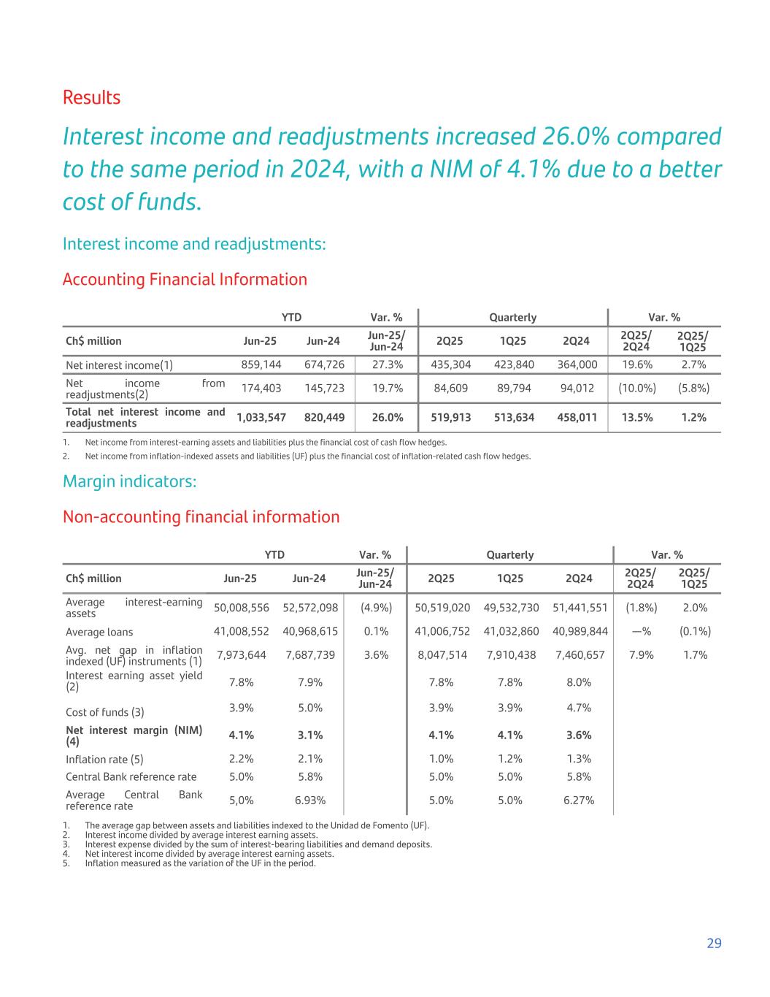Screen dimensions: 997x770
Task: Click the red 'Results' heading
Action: (x=91, y=97)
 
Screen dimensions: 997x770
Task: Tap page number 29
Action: (x=714, y=943)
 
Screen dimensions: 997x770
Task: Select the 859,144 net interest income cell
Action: (x=261, y=364)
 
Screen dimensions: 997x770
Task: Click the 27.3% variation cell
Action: (x=388, y=364)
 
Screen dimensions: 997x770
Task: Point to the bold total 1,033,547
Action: (x=261, y=417)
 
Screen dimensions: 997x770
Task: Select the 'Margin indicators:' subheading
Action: (x=130, y=481)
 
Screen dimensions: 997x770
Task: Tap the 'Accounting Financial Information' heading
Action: (x=185, y=279)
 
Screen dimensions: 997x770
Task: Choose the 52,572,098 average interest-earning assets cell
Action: (x=310, y=607)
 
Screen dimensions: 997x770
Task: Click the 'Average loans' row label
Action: (x=99, y=632)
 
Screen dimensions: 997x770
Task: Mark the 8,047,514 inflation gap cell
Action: (x=442, y=654)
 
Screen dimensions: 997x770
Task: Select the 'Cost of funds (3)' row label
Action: (x=105, y=712)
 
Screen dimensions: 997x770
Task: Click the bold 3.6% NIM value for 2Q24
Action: (x=578, y=735)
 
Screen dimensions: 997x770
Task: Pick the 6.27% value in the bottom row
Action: (x=578, y=800)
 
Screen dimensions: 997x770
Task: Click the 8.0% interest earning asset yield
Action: (x=578, y=682)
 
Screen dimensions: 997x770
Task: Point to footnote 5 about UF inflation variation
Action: (x=200, y=863)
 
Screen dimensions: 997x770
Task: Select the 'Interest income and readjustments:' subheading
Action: (x=194, y=243)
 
